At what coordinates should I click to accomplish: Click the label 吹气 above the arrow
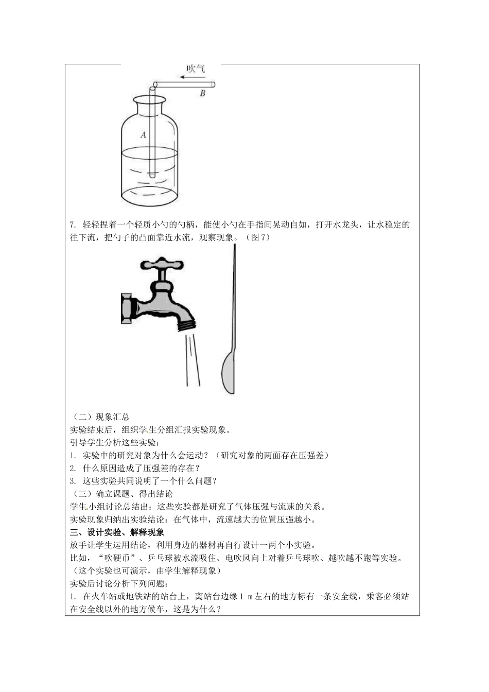196,68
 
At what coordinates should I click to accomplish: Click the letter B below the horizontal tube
202,94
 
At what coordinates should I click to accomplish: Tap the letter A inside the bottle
144,135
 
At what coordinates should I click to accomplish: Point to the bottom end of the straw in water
152,176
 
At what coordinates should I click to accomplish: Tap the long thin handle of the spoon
234,299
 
